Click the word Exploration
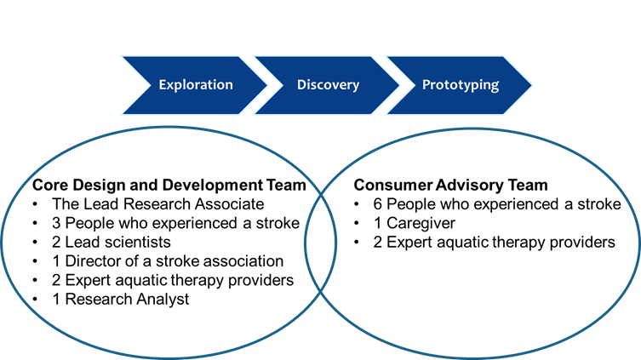(x=196, y=85)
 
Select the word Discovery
(x=328, y=85)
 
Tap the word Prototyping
(x=461, y=85)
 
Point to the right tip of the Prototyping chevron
(x=533, y=85)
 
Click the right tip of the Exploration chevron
(x=268, y=85)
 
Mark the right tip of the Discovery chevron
(x=401, y=85)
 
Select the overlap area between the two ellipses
(x=321, y=242)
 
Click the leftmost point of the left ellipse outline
(x=3, y=242)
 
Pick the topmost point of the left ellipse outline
(x=169, y=128)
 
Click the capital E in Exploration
(x=163, y=85)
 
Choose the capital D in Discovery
(x=301, y=85)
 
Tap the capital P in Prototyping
(x=426, y=85)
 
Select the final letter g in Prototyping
(x=495, y=87)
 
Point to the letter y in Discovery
(x=355, y=87)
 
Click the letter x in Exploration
(x=171, y=86)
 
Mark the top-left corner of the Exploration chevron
(x=120, y=56)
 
